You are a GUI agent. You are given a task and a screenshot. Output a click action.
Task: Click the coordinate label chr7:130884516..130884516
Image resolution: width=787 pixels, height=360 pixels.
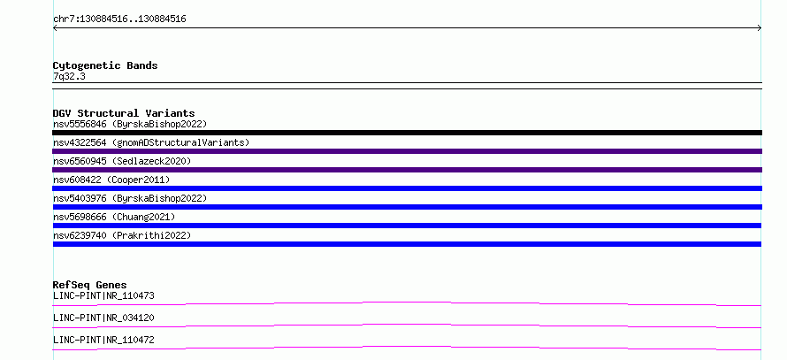click(119, 19)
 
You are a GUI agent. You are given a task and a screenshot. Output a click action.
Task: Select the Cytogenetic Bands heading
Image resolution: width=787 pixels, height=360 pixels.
click(105, 65)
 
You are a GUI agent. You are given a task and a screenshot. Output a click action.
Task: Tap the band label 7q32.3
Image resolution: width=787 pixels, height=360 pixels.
click(69, 77)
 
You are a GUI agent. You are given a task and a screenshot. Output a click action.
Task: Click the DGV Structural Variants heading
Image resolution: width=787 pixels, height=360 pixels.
click(124, 113)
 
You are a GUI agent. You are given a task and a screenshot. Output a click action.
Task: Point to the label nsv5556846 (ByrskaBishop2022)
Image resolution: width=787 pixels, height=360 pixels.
click(130, 124)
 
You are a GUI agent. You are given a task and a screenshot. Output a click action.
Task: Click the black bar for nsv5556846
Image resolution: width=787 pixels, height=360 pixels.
click(407, 133)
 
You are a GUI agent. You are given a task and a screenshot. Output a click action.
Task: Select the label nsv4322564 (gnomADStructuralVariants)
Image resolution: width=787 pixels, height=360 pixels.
click(151, 142)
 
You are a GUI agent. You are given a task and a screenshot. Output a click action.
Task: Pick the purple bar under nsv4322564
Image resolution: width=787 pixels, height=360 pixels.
click(407, 151)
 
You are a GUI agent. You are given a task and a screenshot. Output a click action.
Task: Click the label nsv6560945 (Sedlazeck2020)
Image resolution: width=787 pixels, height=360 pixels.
click(122, 161)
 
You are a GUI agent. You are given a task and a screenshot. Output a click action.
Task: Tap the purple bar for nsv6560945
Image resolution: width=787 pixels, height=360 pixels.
click(407, 170)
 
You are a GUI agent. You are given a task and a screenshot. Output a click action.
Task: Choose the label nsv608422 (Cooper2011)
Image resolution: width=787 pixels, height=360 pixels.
click(111, 180)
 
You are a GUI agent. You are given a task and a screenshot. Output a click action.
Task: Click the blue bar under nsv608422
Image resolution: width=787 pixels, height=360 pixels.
click(407, 188)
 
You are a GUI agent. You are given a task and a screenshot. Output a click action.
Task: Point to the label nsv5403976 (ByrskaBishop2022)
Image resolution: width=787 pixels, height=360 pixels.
click(130, 198)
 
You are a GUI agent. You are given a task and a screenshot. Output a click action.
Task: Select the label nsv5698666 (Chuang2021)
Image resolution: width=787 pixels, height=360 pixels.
click(114, 217)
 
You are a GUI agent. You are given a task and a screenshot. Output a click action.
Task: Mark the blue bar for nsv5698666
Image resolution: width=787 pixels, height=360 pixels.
click(407, 226)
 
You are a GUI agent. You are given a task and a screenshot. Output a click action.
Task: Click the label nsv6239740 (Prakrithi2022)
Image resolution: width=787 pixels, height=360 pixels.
click(122, 235)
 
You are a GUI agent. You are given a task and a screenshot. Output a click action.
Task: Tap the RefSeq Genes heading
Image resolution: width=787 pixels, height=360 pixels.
click(90, 285)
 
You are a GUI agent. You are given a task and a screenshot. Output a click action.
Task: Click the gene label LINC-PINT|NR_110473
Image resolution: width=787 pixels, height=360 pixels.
click(103, 295)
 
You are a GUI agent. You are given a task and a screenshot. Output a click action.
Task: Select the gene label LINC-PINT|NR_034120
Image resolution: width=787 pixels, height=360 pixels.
click(103, 318)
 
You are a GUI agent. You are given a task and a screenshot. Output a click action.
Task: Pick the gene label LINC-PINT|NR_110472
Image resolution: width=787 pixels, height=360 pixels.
click(103, 340)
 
